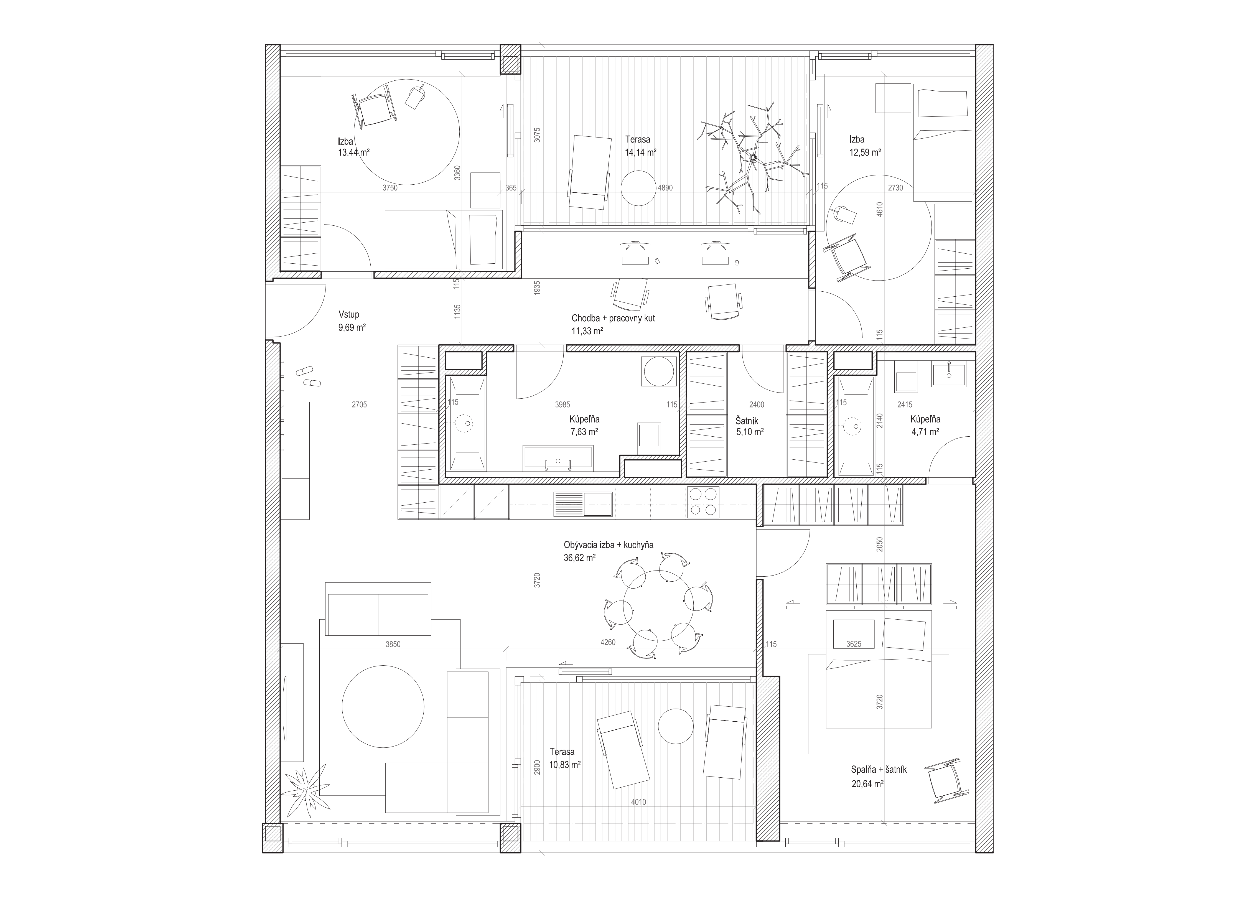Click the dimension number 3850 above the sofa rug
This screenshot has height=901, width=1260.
393,644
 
